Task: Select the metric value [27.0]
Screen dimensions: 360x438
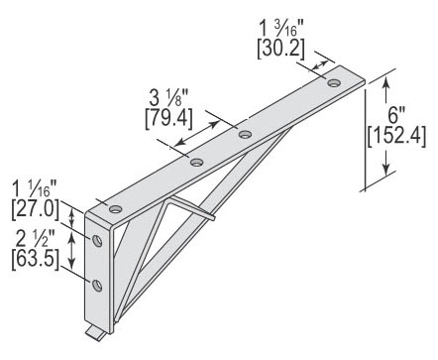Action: (x=36, y=208)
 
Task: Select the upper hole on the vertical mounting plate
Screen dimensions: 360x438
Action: (x=98, y=241)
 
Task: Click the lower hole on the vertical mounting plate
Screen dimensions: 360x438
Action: (x=98, y=286)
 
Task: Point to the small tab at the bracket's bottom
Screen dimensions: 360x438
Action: (x=95, y=327)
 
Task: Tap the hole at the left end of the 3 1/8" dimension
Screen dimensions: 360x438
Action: (x=197, y=162)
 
